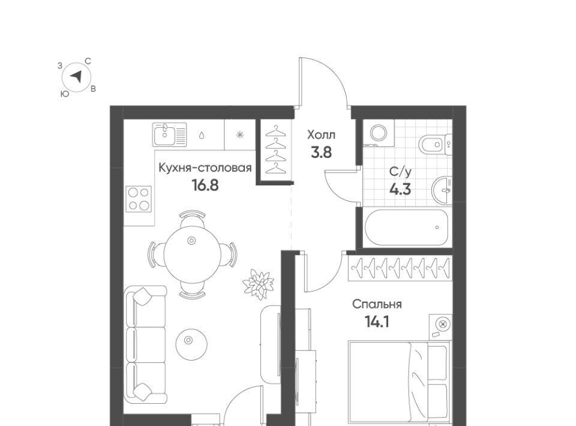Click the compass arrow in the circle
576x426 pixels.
click(x=76, y=76)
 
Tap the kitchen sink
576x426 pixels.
click(x=170, y=134)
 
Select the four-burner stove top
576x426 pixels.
click(x=139, y=199)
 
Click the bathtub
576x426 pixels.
click(x=407, y=227)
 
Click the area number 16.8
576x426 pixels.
click(x=205, y=185)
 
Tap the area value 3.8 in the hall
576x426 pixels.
click(x=321, y=152)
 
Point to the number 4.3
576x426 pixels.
click(x=400, y=190)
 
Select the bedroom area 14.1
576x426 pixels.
click(x=377, y=322)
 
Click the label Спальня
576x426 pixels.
click(x=377, y=304)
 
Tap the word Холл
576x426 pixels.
click(x=321, y=135)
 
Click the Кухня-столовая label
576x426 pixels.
click(x=205, y=168)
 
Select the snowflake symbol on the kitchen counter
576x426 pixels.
click(x=240, y=135)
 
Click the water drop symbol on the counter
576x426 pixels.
click(x=202, y=135)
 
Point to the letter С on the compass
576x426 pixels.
click(x=88, y=61)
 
